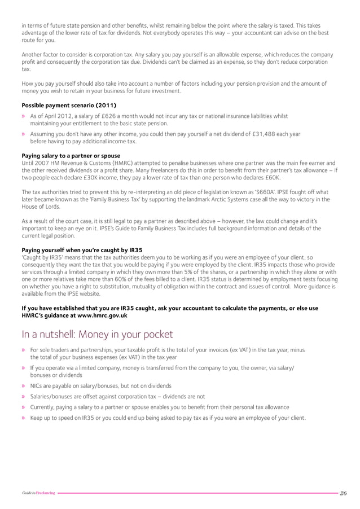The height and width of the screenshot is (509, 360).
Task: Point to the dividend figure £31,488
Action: coord(260,134)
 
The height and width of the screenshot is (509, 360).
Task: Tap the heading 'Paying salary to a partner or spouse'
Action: coord(71,155)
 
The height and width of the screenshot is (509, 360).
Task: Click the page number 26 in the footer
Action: coord(343,493)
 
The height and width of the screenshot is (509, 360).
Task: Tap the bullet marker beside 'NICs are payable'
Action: coord(24,386)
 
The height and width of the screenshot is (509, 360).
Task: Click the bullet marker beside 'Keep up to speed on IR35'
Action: coord(24,418)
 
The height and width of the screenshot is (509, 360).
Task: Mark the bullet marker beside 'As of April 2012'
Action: coord(24,116)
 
